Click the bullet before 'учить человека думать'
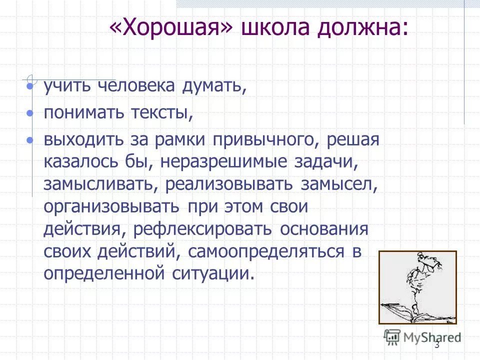[30, 87]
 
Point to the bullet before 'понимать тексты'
[30, 113]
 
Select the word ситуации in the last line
[214, 273]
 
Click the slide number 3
[437, 345]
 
